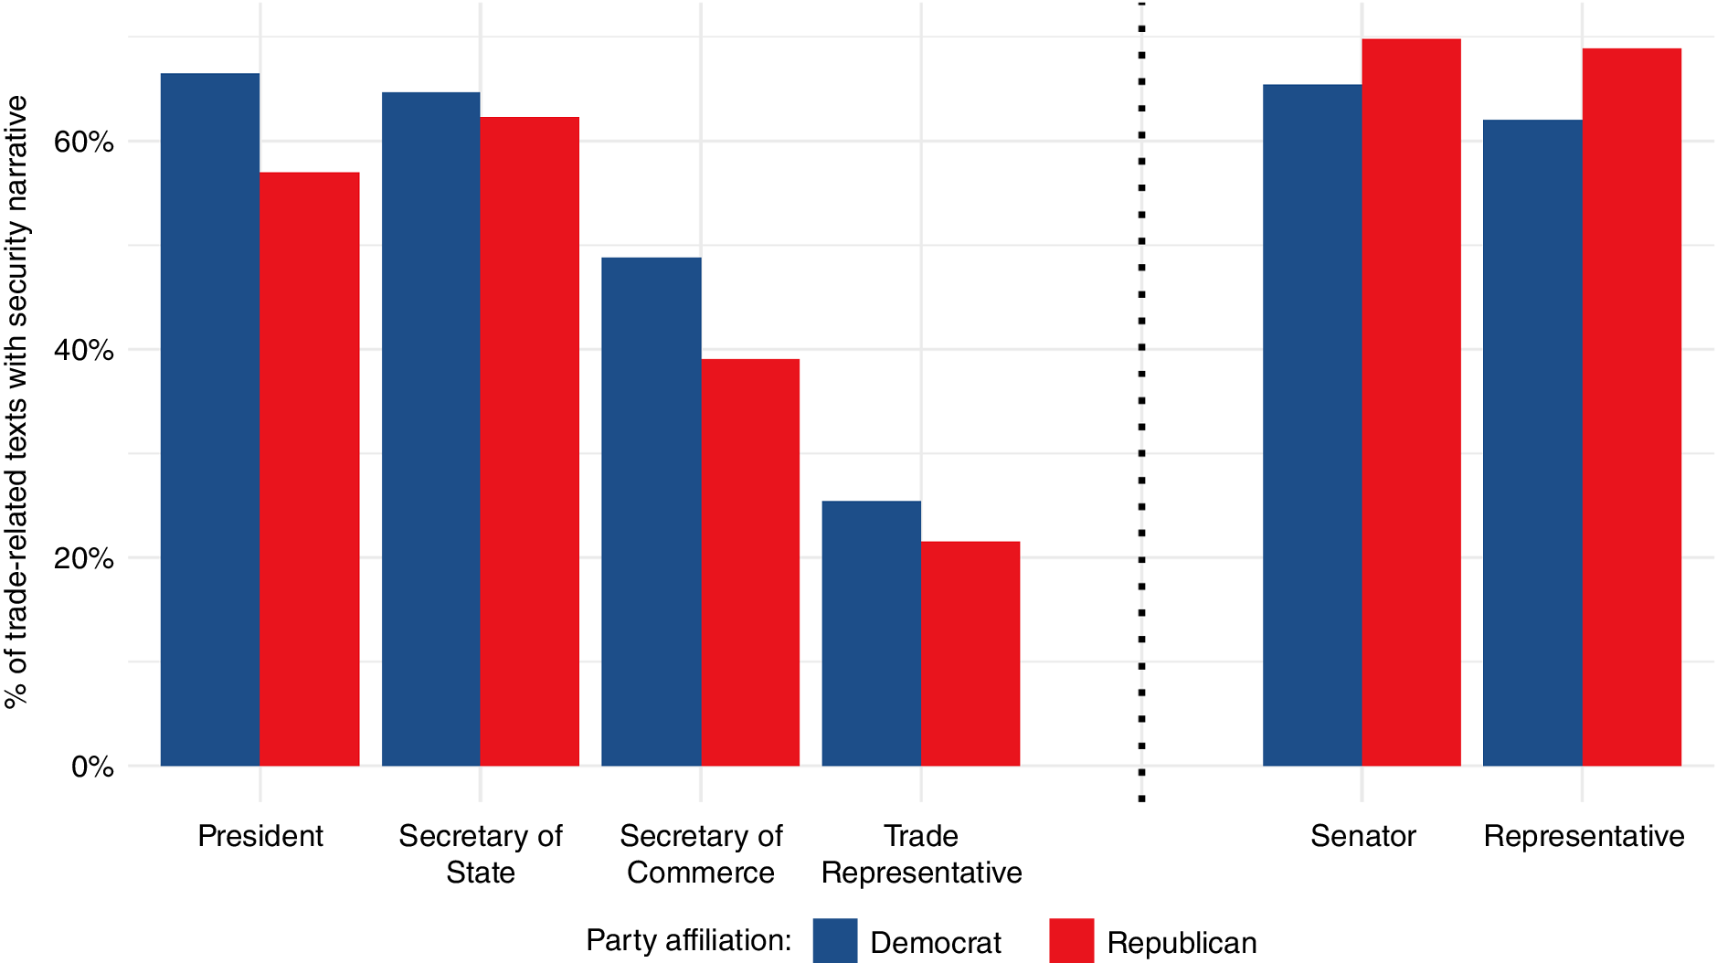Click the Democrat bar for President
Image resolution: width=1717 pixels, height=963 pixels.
pyautogui.click(x=210, y=419)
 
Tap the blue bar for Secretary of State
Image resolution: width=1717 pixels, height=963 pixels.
pyautogui.click(x=430, y=429)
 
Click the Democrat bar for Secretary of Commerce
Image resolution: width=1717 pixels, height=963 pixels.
pyautogui.click(x=651, y=512)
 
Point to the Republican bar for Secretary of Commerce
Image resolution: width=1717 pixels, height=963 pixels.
pyautogui.click(x=750, y=562)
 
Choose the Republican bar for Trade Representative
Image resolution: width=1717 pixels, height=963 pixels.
pyautogui.click(x=970, y=653)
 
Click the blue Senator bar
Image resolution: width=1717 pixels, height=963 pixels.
pyautogui.click(x=1312, y=425)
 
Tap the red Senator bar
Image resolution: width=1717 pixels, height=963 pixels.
pyautogui.click(x=1412, y=402)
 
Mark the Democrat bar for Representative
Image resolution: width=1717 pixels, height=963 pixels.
pyautogui.click(x=1532, y=442)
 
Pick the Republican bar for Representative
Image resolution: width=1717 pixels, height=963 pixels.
pyautogui.click(x=1632, y=407)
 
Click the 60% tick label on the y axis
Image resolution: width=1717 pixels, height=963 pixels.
pyautogui.click(x=83, y=142)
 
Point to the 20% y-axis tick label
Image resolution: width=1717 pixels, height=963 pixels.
pyautogui.click(x=83, y=558)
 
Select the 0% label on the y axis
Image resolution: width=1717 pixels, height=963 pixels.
pyautogui.click(x=92, y=767)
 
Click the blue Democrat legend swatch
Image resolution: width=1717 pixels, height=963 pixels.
pyautogui.click(x=835, y=940)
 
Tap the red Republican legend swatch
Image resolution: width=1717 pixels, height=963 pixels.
pyautogui.click(x=1071, y=940)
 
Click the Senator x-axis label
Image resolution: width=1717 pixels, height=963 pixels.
pyautogui.click(x=1362, y=836)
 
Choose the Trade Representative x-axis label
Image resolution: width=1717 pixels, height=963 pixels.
pyautogui.click(x=921, y=854)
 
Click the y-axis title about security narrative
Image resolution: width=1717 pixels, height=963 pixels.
pyautogui.click(x=16, y=402)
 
